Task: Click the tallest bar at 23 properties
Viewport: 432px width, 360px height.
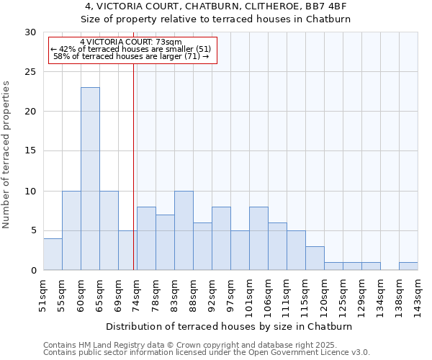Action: tap(90, 179)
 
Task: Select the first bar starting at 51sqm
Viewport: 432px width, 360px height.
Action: tap(53, 254)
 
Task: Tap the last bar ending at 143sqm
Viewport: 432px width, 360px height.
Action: tap(408, 266)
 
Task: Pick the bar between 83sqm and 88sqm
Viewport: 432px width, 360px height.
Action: tap(184, 230)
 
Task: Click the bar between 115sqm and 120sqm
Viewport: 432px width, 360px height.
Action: tap(315, 258)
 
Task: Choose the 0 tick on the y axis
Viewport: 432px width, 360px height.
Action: tap(34, 270)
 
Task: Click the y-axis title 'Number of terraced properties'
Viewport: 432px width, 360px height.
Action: tap(7, 155)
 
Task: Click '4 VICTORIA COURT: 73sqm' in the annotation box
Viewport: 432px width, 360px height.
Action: tap(131, 42)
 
